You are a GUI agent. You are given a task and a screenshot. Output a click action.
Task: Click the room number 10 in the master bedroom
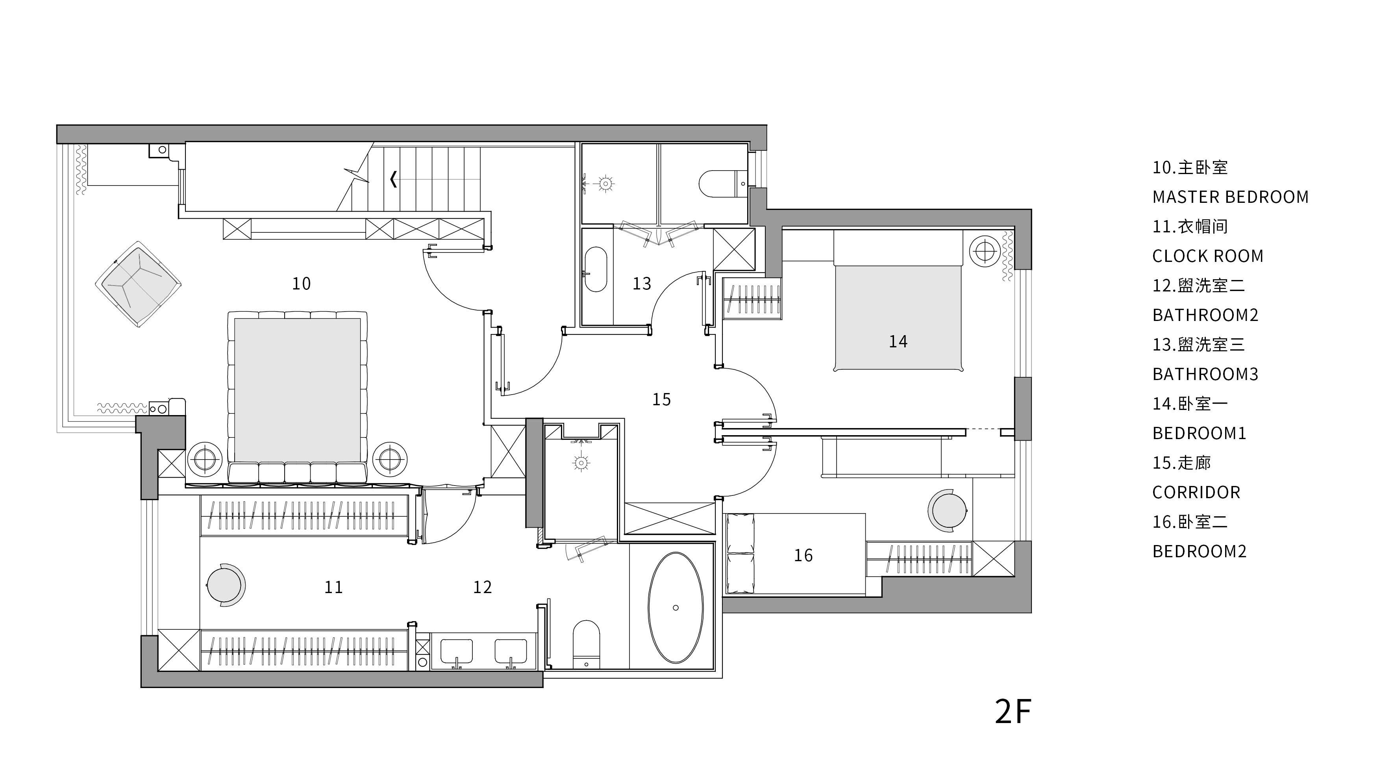pyautogui.click(x=301, y=284)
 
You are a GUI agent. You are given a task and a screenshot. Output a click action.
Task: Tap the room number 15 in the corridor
pyautogui.click(x=661, y=399)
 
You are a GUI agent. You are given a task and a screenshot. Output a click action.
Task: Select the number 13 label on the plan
pyautogui.click(x=642, y=284)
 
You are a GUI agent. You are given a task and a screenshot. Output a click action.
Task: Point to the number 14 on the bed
pyautogui.click(x=898, y=341)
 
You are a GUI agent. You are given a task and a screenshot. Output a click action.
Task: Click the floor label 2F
pyautogui.click(x=1013, y=712)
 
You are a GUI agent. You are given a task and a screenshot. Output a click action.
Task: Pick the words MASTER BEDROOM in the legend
pyautogui.click(x=1230, y=197)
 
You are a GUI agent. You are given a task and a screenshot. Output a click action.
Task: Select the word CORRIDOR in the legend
pyautogui.click(x=1196, y=493)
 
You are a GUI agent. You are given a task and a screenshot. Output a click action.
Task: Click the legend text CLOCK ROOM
pyautogui.click(x=1208, y=256)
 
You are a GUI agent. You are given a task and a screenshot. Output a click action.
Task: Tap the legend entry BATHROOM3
pyautogui.click(x=1205, y=374)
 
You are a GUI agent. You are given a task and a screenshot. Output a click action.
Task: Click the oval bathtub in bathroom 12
pyautogui.click(x=676, y=608)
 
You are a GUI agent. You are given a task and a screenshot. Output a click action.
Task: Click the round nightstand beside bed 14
pyautogui.click(x=984, y=250)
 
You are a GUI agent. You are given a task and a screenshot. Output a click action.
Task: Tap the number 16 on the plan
pyautogui.click(x=803, y=556)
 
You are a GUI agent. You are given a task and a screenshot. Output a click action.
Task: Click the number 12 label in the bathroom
pyautogui.click(x=483, y=587)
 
